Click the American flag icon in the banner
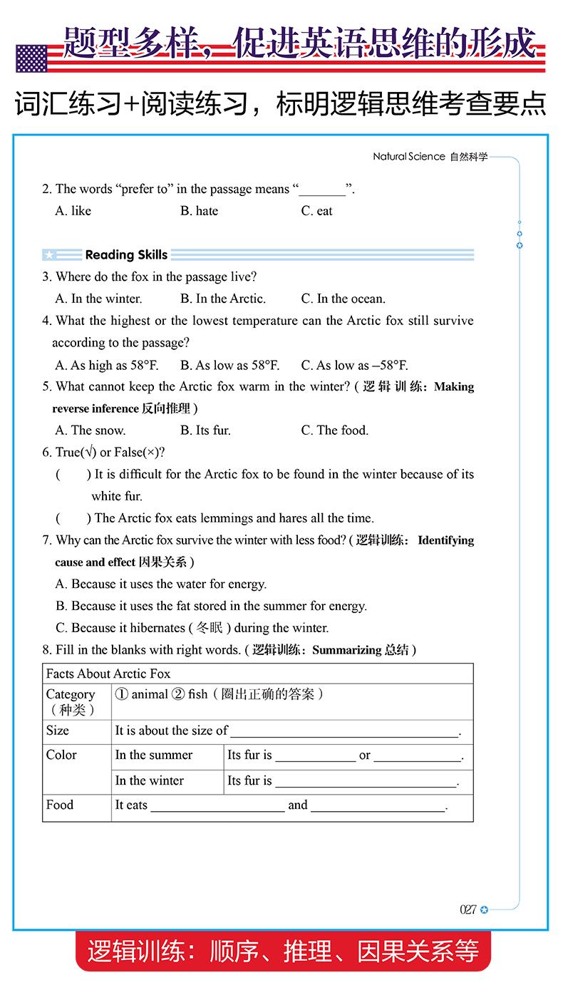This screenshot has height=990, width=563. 31,58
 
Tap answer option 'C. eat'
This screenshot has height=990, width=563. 316,211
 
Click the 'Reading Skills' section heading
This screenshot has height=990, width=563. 126,254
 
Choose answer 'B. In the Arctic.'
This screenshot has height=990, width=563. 222,299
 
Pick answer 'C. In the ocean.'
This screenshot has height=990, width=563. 343,299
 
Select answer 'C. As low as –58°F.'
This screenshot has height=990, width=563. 354,365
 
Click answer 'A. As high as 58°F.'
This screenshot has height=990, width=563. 107,365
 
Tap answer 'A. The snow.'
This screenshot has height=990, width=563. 91,430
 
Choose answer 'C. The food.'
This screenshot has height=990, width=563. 334,430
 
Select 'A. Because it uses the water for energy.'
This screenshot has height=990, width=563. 161,584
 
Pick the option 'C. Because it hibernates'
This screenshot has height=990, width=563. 192,628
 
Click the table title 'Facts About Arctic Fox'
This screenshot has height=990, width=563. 108,674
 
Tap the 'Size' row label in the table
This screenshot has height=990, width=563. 58,731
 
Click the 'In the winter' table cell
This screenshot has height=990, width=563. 150,780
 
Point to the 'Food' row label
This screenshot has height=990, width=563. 60,805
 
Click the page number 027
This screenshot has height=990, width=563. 468,909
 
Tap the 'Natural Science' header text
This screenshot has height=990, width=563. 408,157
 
